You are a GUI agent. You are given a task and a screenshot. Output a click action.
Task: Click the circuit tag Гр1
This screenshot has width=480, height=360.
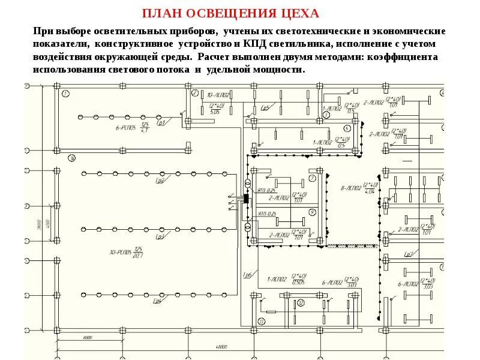tap(160, 123)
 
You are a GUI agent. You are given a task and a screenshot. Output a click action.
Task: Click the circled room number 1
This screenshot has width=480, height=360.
tap(65, 92)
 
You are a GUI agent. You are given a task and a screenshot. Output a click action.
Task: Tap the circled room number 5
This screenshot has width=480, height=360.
tap(347, 128)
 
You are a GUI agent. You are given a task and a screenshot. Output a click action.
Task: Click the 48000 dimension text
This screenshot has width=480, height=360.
tap(224, 347)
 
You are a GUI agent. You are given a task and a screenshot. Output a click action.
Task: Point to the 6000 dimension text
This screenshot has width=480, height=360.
tap(88, 338)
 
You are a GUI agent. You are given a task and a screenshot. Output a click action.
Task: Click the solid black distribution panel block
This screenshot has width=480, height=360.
tap(246, 198)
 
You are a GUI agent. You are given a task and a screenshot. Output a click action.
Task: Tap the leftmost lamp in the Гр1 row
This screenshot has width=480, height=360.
tap(78, 116)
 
